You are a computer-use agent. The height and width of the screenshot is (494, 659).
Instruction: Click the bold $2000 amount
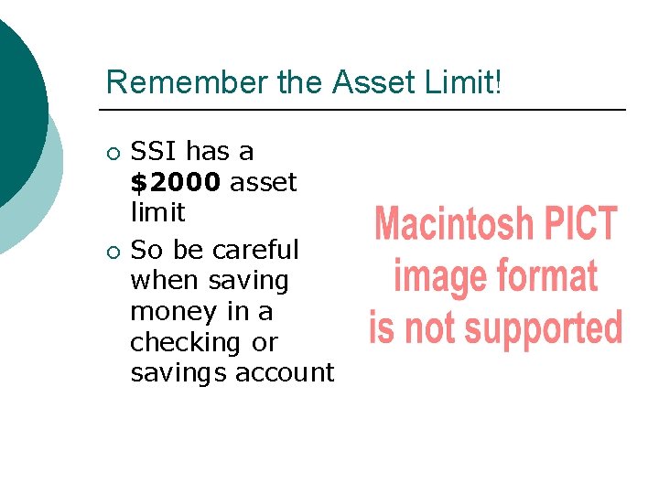coord(176,182)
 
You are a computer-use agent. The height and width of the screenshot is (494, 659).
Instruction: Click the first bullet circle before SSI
coord(112,153)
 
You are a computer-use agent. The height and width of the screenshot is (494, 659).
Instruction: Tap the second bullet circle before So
coord(112,251)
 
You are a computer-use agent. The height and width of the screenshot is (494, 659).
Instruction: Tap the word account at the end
coord(285,373)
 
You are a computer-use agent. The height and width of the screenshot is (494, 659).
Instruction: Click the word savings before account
coord(178,373)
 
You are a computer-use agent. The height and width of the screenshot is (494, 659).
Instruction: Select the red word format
coord(546,276)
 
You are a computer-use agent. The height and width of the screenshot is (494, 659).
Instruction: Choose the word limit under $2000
coord(157,212)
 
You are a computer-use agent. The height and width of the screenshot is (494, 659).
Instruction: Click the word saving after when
coord(250,280)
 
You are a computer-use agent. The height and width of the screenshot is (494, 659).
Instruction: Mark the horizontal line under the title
coord(366,110)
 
